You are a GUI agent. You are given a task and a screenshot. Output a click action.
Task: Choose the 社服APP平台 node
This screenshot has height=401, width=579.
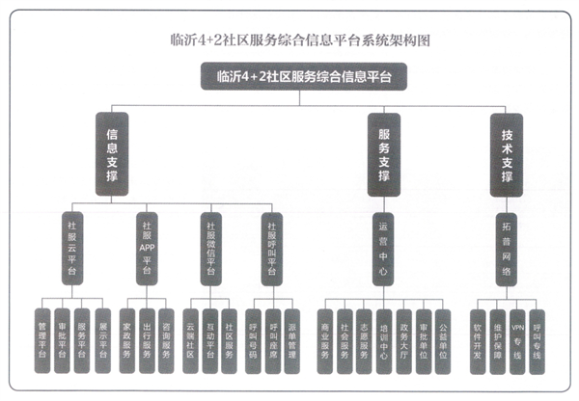click(x=146, y=248)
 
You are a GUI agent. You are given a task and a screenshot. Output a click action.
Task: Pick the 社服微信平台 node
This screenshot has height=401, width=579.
click(x=209, y=248)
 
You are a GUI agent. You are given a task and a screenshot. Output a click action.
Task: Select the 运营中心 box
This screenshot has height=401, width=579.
click(x=382, y=248)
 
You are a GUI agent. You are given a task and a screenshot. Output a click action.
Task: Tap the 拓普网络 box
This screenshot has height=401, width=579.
click(x=506, y=248)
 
